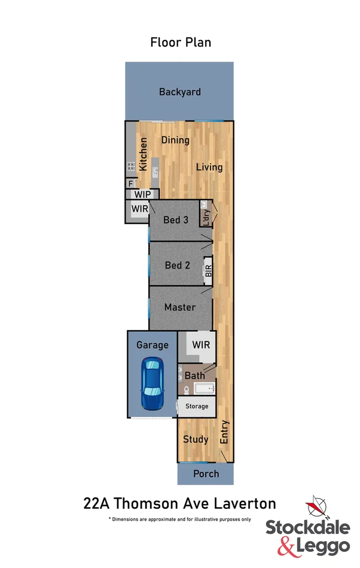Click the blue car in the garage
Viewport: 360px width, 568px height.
152,383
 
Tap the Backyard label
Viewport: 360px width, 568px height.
179,92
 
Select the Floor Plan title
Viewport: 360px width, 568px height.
181,42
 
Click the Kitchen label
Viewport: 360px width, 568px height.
144,154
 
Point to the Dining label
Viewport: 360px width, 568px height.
175,141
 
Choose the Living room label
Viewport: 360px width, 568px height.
209,167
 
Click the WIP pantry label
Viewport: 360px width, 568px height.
142,194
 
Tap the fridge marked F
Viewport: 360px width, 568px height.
130,184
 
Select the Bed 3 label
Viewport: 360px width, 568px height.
176,220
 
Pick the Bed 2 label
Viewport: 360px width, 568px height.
177,265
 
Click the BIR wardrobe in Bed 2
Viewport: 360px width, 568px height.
208,270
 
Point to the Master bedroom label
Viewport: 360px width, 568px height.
179,307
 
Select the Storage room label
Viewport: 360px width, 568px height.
197,407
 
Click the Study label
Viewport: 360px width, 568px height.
196,439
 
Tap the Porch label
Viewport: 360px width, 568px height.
205,474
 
